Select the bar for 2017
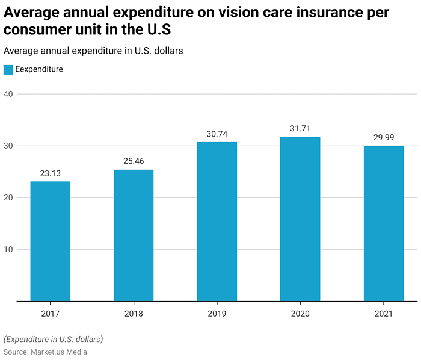click(50, 241)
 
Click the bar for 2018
click(134, 235)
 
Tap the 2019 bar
click(217, 222)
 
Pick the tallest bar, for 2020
click(300, 219)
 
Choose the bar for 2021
click(384, 223)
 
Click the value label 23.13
click(50, 173)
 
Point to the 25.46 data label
click(134, 161)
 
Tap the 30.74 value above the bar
click(217, 134)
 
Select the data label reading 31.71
click(300, 128)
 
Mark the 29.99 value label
click(384, 137)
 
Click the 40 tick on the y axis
click(8, 94)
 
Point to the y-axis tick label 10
click(8, 249)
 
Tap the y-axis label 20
click(8, 197)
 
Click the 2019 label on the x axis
click(217, 314)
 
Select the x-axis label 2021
click(384, 314)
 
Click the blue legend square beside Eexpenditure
click(8, 70)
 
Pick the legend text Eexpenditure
click(39, 69)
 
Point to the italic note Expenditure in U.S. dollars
click(53, 339)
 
